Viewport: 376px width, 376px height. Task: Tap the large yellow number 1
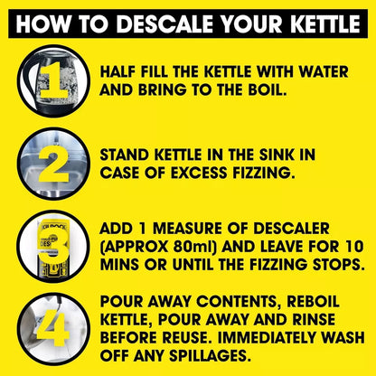coord(51,80)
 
